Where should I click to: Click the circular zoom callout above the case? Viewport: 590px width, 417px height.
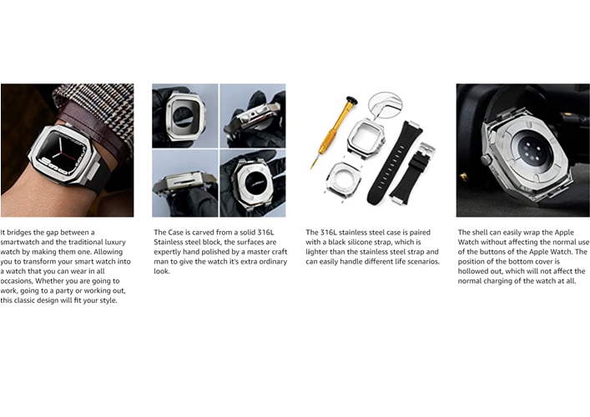[385, 107]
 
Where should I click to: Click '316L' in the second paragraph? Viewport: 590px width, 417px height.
[266, 233]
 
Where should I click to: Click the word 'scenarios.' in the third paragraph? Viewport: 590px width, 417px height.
[422, 262]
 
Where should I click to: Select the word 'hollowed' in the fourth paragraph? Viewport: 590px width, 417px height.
[472, 272]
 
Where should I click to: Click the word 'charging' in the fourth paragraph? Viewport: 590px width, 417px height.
[495, 281]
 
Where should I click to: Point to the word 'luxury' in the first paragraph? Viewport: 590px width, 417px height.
[115, 242]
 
